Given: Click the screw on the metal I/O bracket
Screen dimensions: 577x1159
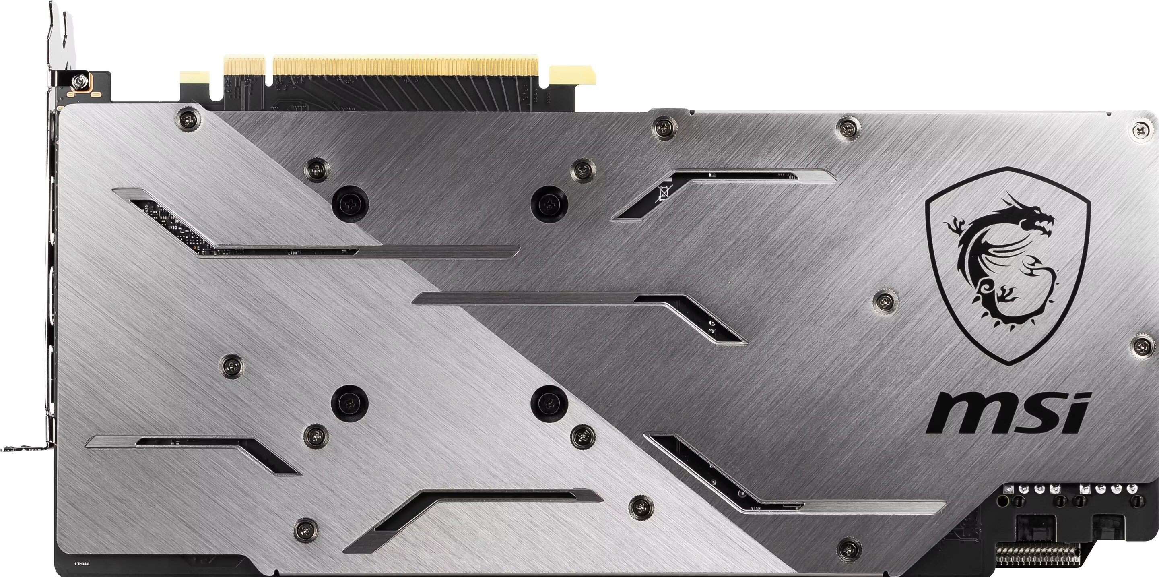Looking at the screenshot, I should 80,83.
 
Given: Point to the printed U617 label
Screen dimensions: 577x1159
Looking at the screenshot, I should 293,253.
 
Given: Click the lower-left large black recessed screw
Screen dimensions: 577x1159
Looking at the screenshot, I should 349,403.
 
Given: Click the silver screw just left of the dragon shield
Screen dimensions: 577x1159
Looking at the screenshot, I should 885,301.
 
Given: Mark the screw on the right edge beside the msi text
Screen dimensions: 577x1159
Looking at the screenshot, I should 1143,345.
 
